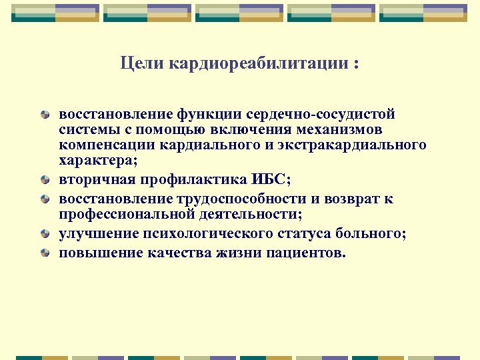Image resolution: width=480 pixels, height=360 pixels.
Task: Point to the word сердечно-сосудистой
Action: tap(321, 115)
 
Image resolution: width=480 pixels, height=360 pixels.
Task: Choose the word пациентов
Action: tap(308, 253)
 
